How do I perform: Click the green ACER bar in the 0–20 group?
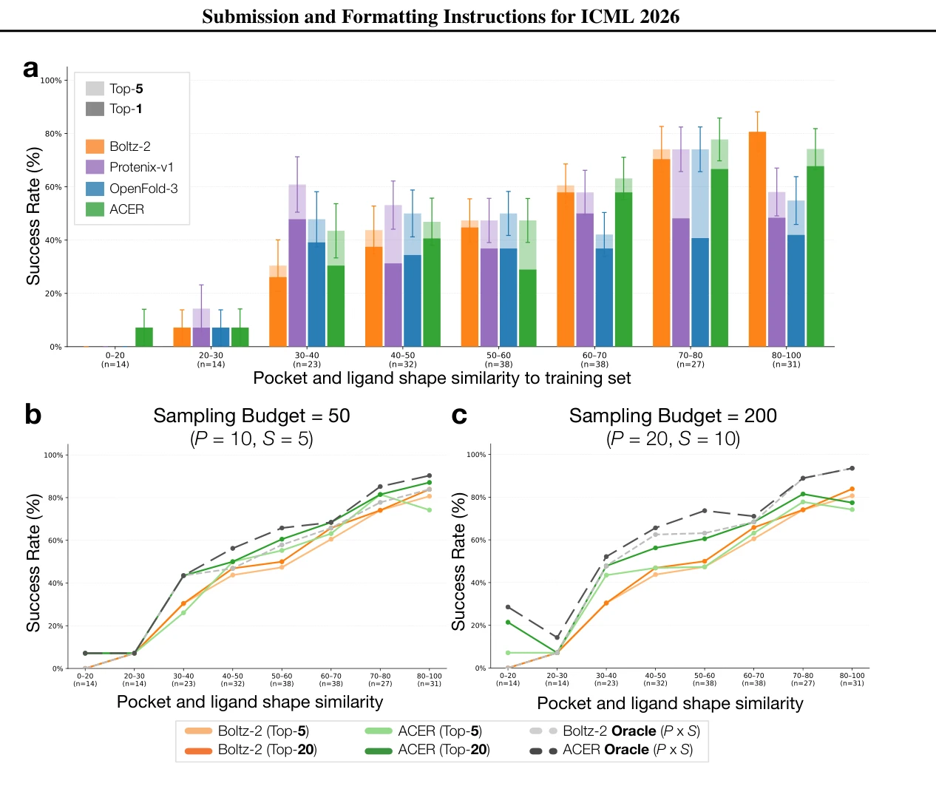pyautogui.click(x=144, y=336)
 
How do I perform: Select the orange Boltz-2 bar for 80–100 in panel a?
pyautogui.click(x=757, y=239)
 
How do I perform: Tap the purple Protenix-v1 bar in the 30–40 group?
pyautogui.click(x=297, y=265)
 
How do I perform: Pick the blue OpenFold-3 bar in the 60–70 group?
pyautogui.click(x=604, y=291)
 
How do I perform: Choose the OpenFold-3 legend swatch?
pyautogui.click(x=95, y=189)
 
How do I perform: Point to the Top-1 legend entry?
pyautogui.click(x=114, y=109)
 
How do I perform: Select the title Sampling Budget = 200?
pyautogui.click(x=672, y=416)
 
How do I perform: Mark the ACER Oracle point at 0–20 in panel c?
pyautogui.click(x=508, y=607)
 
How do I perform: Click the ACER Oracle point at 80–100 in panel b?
pyautogui.click(x=429, y=475)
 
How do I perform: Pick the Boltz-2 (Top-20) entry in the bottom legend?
pyautogui.click(x=251, y=750)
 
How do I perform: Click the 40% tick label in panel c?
pyautogui.click(x=477, y=583)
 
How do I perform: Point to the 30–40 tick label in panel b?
pyautogui.click(x=183, y=680)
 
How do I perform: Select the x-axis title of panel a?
pyautogui.click(x=441, y=378)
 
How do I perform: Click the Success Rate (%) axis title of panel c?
pyautogui.click(x=458, y=562)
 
